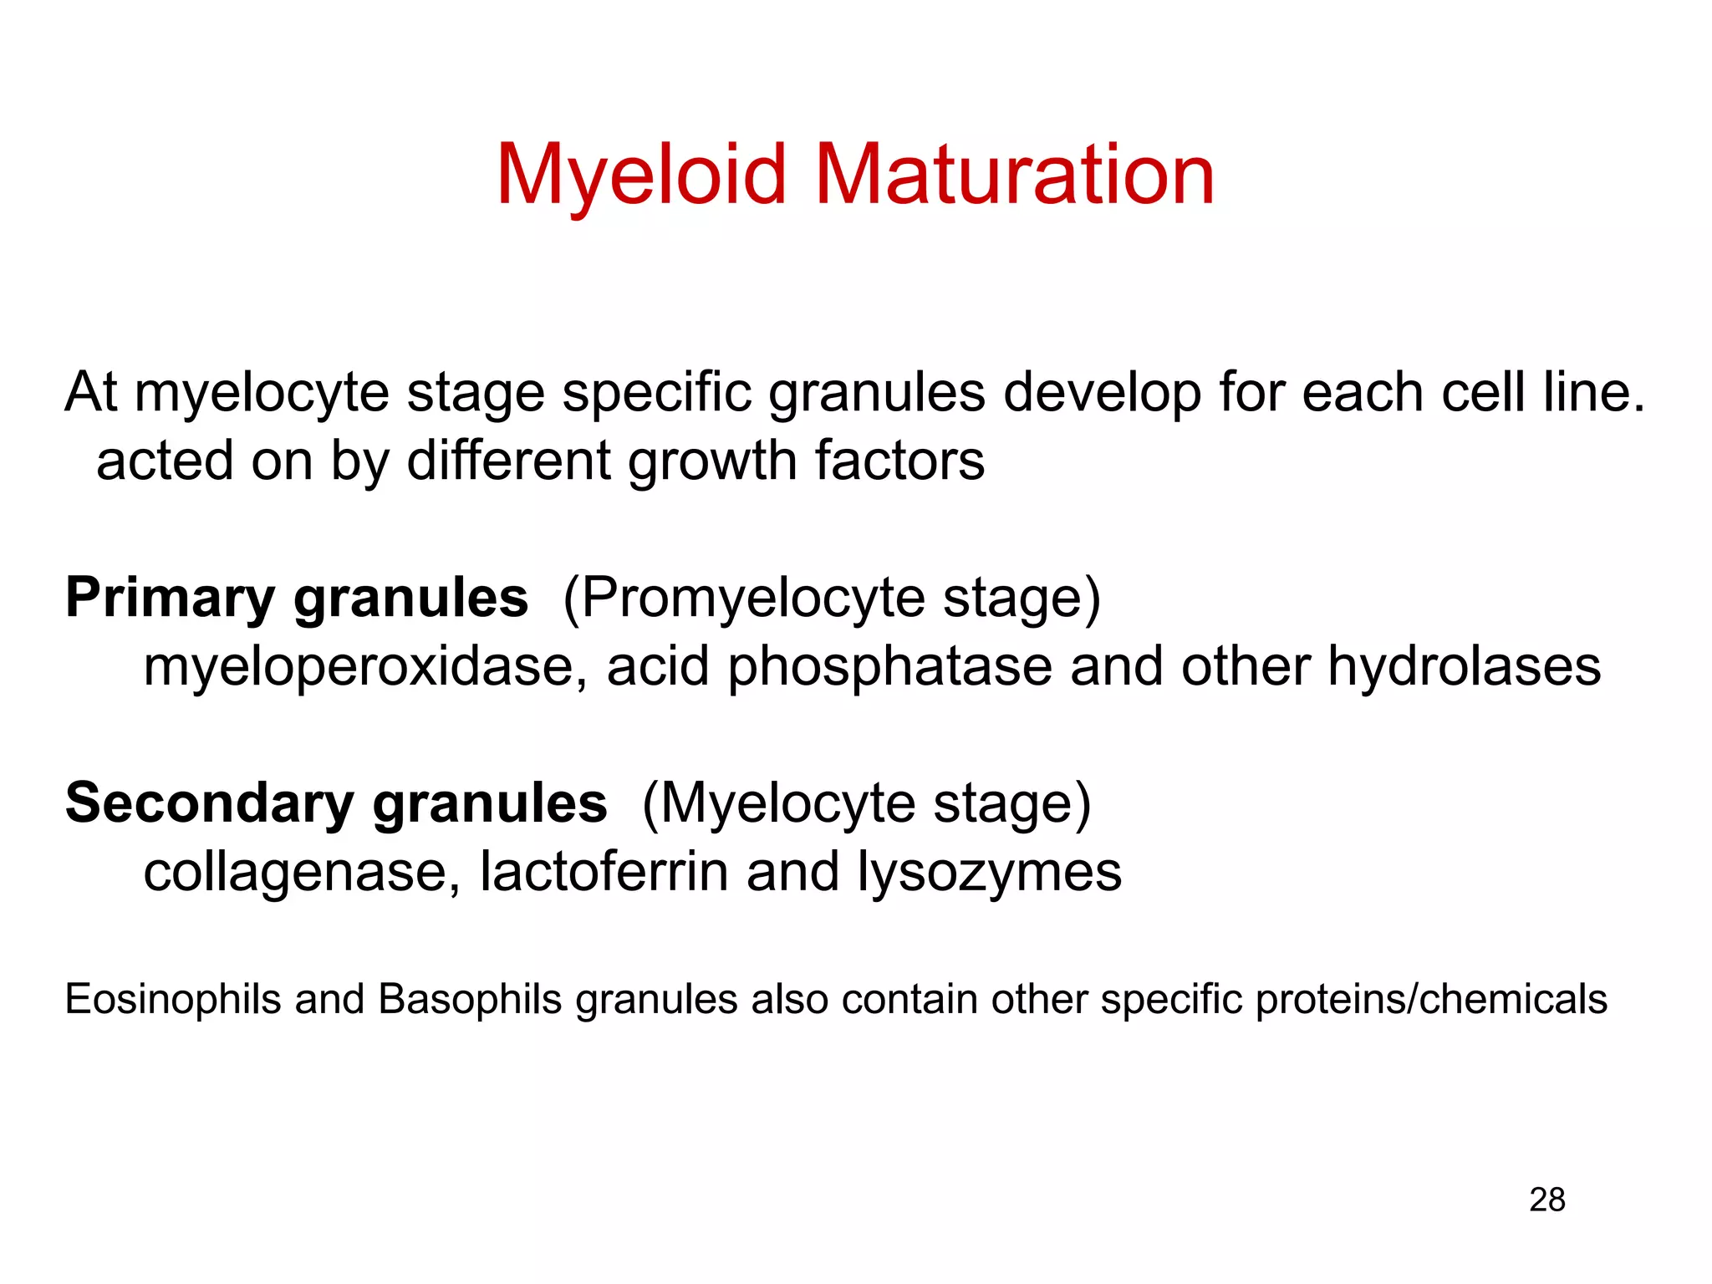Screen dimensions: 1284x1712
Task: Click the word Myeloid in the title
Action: pos(641,175)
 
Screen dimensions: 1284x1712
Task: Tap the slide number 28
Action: pos(1546,1200)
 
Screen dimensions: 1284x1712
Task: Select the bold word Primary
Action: pos(170,599)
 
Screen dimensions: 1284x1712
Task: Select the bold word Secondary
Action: pos(210,803)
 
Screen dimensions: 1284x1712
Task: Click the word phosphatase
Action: pos(889,667)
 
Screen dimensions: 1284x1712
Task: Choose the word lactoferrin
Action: pos(604,872)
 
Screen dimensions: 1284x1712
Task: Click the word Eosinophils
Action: pos(173,999)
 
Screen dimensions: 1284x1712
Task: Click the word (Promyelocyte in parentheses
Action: pos(743,599)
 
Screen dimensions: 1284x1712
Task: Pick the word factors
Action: pos(899,461)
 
